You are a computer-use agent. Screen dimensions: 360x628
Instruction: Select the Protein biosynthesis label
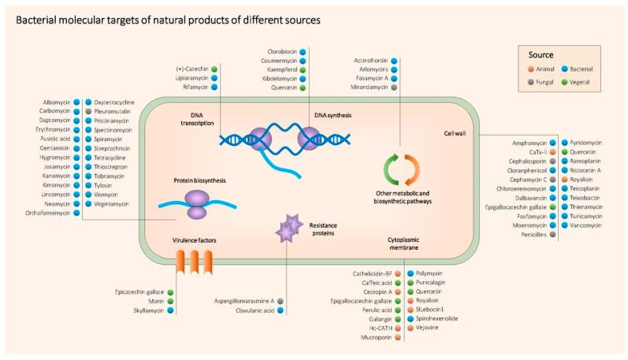(x=199, y=180)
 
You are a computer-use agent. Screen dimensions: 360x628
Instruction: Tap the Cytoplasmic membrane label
(x=408, y=242)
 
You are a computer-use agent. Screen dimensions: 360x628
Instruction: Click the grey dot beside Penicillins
(x=554, y=235)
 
